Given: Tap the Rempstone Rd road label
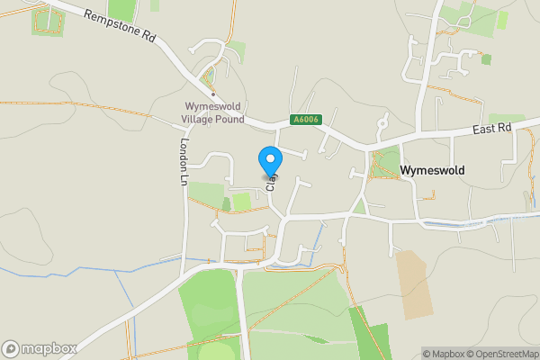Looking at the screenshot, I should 120,28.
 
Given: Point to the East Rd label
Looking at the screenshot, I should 491,130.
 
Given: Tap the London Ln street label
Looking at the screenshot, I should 183,162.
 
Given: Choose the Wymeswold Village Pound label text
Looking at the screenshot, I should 212,112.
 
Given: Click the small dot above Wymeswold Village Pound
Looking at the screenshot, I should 212,94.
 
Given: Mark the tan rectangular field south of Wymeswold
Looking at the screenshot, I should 415,284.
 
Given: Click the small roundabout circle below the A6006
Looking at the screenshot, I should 382,121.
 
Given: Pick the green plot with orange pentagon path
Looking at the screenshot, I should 47,22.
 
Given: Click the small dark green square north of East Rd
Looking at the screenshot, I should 487,59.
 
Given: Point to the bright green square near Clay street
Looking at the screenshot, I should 242,202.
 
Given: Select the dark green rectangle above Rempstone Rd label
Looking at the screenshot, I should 121,10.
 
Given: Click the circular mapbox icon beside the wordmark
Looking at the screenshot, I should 11,348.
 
